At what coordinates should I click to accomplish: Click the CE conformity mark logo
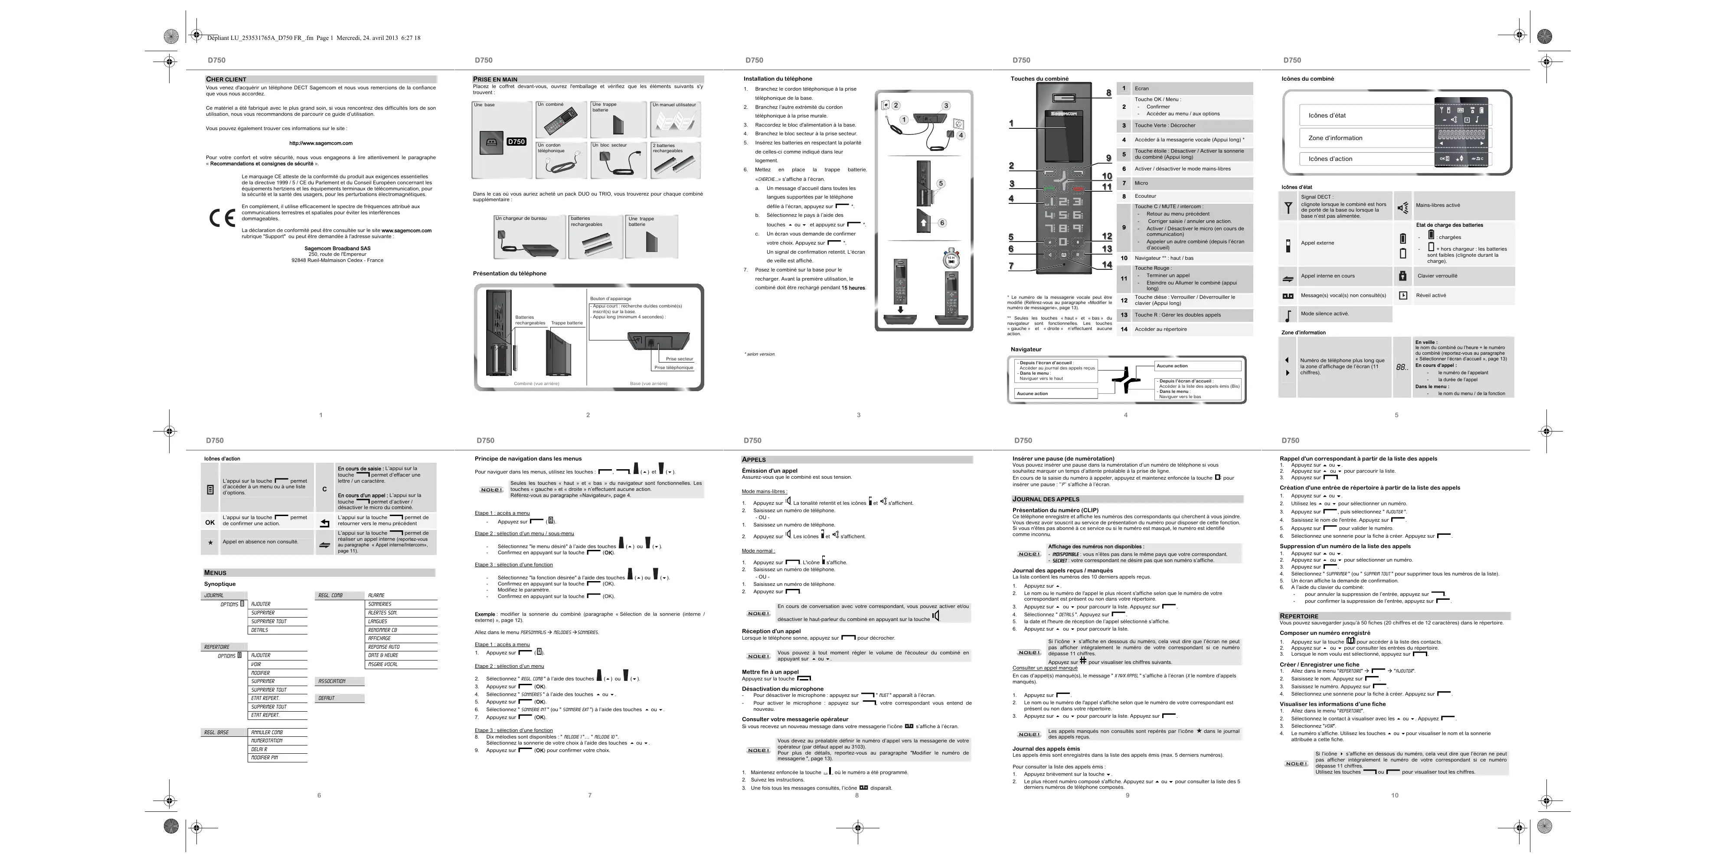[222, 218]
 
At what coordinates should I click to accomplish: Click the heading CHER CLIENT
[226, 79]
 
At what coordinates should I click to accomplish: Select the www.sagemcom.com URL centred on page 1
[320, 143]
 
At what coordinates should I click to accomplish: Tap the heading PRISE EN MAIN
[495, 79]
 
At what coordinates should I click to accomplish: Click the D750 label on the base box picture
[516, 142]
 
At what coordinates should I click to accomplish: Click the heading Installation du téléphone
[778, 78]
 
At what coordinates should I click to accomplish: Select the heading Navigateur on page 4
[1026, 349]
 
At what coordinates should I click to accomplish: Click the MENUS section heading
[215, 572]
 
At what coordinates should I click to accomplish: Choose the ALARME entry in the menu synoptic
[376, 595]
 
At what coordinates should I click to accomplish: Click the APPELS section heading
[754, 460]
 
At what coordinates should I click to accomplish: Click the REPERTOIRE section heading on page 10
[1299, 616]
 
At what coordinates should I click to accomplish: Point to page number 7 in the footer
[589, 795]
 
